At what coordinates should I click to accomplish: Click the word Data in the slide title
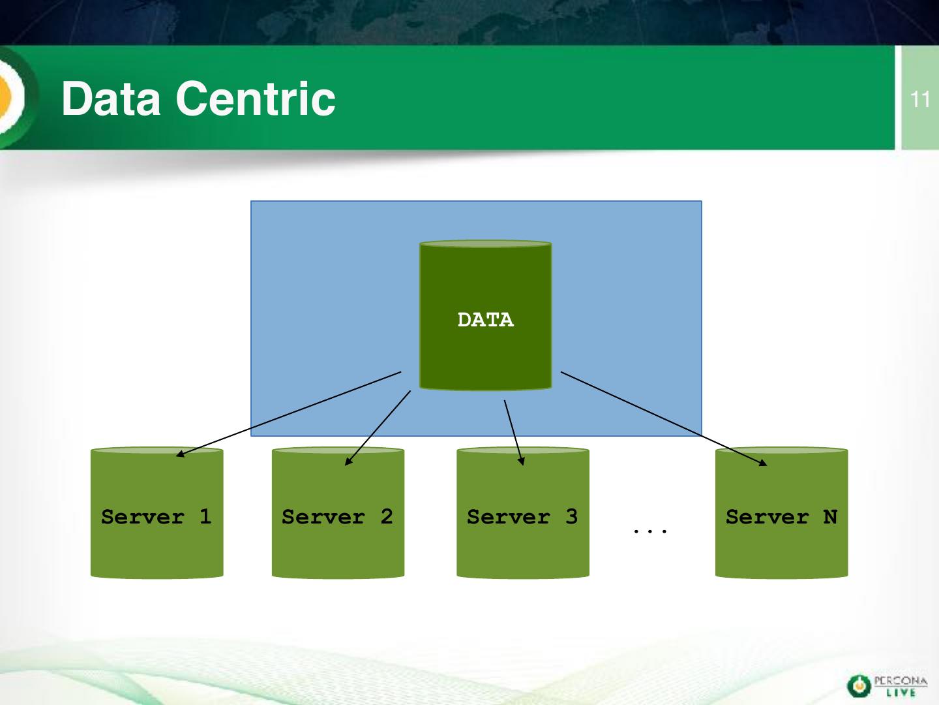click(x=111, y=99)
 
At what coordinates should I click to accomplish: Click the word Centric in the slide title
click(x=256, y=99)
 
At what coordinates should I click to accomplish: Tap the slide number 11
click(x=919, y=100)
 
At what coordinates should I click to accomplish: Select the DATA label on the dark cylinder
click(x=486, y=320)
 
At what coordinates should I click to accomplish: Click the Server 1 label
click(x=156, y=516)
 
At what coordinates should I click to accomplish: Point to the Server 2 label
click(x=338, y=516)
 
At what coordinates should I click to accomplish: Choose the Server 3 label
click(x=522, y=516)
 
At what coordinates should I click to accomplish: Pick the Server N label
click(x=782, y=516)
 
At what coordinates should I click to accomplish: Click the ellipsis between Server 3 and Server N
click(x=650, y=531)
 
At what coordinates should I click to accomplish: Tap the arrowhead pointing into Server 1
click(x=181, y=454)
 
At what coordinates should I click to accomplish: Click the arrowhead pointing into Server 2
click(x=348, y=462)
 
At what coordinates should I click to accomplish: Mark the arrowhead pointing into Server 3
click(x=521, y=462)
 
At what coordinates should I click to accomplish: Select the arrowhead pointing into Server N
click(x=763, y=463)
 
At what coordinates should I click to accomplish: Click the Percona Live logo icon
click(x=859, y=686)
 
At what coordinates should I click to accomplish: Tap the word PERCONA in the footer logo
click(x=900, y=681)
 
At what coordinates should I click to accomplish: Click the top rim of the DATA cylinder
click(x=486, y=244)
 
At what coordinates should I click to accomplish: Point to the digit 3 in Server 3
click(x=572, y=516)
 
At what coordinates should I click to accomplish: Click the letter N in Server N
click(x=830, y=516)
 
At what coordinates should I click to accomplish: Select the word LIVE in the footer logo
click(x=901, y=693)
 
